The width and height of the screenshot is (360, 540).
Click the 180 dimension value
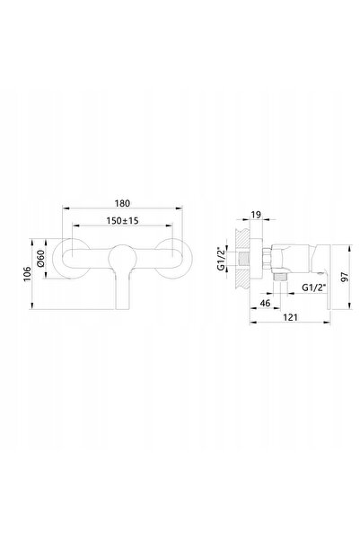coord(122,203)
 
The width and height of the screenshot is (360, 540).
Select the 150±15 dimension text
coord(122,220)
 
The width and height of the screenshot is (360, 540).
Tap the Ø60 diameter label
coord(40,258)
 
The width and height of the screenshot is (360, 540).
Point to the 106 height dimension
coord(27,274)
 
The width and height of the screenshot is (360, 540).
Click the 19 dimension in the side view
coord(256,215)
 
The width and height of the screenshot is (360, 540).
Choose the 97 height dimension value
coord(344,277)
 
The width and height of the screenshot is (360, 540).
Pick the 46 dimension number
coord(265,303)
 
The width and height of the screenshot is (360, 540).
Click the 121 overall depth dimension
coord(290,317)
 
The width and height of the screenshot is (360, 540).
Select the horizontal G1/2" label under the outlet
coord(313,288)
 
